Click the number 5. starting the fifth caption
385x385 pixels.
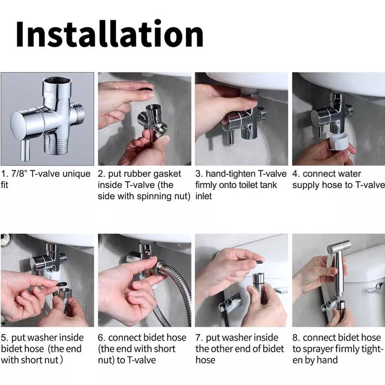(x=5, y=338)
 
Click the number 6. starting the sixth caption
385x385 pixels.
(x=102, y=338)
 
